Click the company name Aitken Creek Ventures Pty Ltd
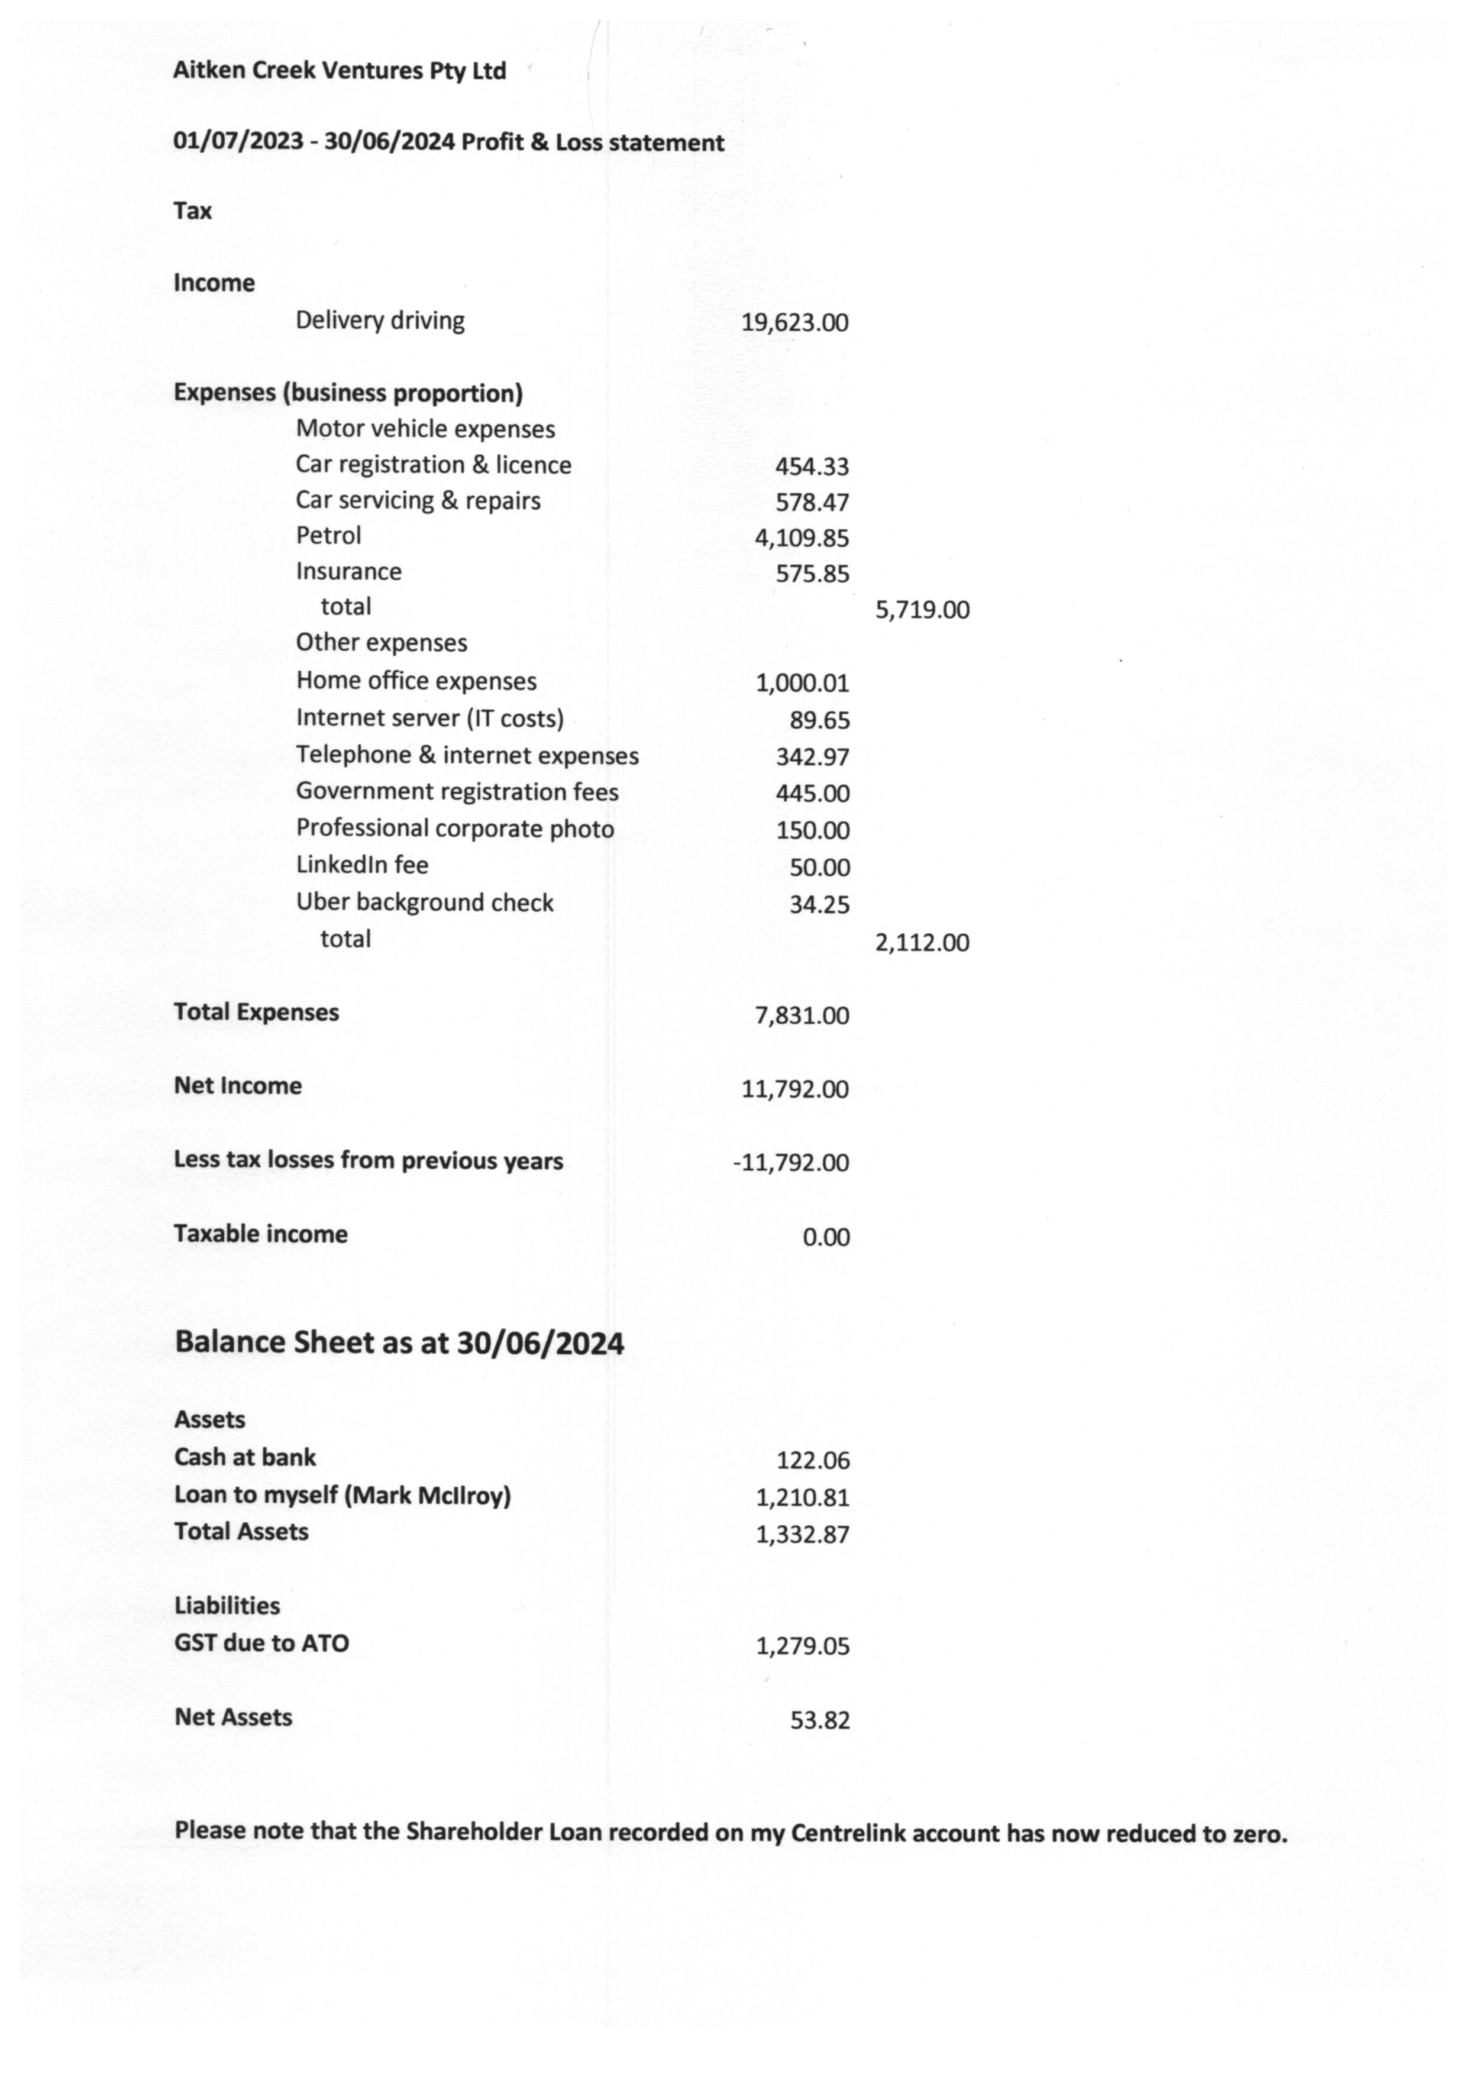[339, 70]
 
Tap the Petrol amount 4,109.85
[802, 538]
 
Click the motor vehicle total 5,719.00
[922, 610]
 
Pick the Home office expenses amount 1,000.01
[802, 683]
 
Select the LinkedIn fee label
[361, 865]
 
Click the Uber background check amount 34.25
[819, 904]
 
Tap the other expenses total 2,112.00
[922, 943]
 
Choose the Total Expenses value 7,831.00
[802, 1016]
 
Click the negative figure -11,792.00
[790, 1163]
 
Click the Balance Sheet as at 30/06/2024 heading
[398, 1343]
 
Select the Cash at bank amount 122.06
[812, 1461]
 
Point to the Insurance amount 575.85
[812, 574]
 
